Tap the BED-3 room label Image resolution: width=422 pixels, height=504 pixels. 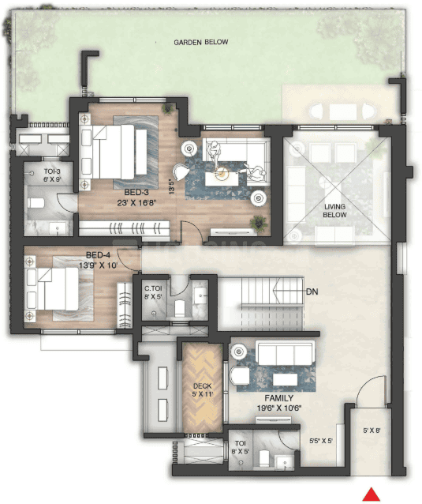coord(139,192)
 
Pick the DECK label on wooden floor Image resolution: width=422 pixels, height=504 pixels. coord(203,386)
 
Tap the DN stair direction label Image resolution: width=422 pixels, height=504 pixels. coord(312,291)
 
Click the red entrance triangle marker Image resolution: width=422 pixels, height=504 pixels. coord(368,495)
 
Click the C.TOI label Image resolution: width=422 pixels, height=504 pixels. coord(153,289)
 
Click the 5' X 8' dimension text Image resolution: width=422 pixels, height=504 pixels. coord(373,431)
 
